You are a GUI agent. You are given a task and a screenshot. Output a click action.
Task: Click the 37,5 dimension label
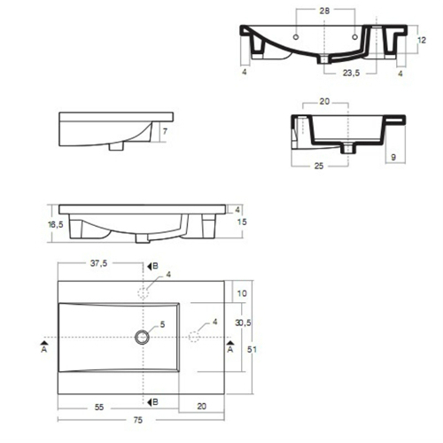[x=98, y=263]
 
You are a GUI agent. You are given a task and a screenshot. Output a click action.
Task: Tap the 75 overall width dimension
[x=138, y=420]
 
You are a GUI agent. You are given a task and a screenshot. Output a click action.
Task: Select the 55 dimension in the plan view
[x=99, y=408]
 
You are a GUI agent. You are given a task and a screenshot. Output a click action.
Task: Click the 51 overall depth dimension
[x=252, y=349]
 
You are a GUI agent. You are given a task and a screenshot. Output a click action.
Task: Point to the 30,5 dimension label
[x=243, y=323]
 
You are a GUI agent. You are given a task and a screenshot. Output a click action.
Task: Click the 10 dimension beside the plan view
[x=242, y=293]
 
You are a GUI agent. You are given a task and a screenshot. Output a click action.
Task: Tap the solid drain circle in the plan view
[x=142, y=337]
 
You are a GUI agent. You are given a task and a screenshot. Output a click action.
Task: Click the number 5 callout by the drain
[x=162, y=324]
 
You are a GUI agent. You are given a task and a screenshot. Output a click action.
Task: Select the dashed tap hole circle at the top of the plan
[x=144, y=293]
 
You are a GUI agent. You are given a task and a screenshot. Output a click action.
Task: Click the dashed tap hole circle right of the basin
[x=194, y=337]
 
